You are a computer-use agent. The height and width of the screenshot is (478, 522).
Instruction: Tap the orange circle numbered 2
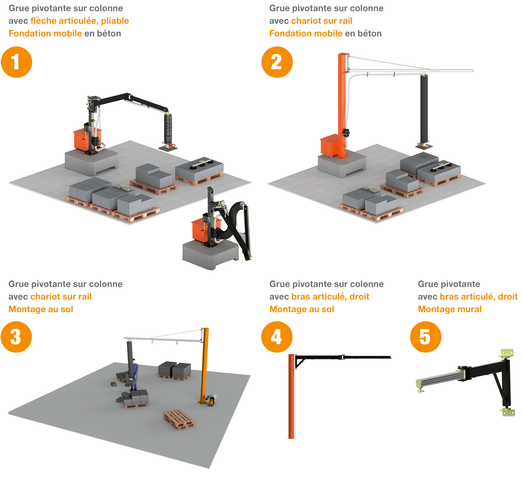click(x=277, y=62)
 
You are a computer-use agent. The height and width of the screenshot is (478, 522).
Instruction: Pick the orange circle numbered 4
click(x=277, y=337)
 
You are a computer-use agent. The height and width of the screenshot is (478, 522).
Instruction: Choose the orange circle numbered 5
click(x=426, y=337)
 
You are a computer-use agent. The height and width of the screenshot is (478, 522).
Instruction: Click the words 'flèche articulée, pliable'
click(x=80, y=21)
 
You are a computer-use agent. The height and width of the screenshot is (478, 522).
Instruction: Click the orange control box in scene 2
click(x=329, y=145)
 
